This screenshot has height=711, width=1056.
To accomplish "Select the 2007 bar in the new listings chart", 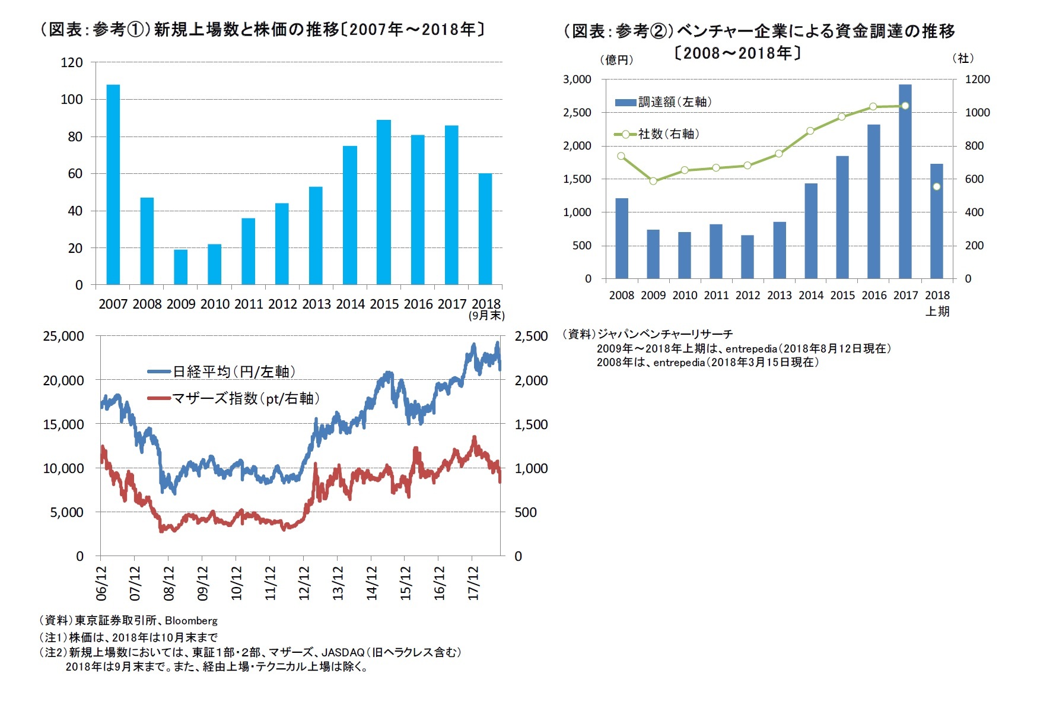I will click(113, 185).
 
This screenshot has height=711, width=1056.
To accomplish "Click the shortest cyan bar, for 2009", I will click(180, 267).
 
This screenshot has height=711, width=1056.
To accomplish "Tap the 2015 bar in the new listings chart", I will click(384, 202).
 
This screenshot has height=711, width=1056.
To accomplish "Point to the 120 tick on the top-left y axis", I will click(72, 62).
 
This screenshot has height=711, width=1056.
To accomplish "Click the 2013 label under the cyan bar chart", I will click(316, 304).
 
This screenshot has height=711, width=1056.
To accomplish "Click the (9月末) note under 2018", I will click(486, 316).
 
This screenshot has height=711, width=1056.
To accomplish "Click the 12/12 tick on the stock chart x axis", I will click(304, 582).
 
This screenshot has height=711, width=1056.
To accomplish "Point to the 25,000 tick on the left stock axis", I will click(63, 336).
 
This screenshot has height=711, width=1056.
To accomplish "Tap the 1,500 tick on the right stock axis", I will click(531, 424).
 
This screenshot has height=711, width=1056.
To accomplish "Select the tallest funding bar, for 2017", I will click(905, 182).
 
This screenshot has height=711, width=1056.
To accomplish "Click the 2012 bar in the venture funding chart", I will click(748, 257).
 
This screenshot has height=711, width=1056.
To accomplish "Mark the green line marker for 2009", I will click(653, 181).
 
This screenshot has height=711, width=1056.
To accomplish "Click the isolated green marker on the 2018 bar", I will click(937, 186).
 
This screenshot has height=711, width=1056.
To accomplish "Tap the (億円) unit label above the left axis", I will click(616, 60).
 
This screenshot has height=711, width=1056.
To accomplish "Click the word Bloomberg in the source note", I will click(191, 621).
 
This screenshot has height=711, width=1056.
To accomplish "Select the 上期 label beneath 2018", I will click(937, 311).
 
